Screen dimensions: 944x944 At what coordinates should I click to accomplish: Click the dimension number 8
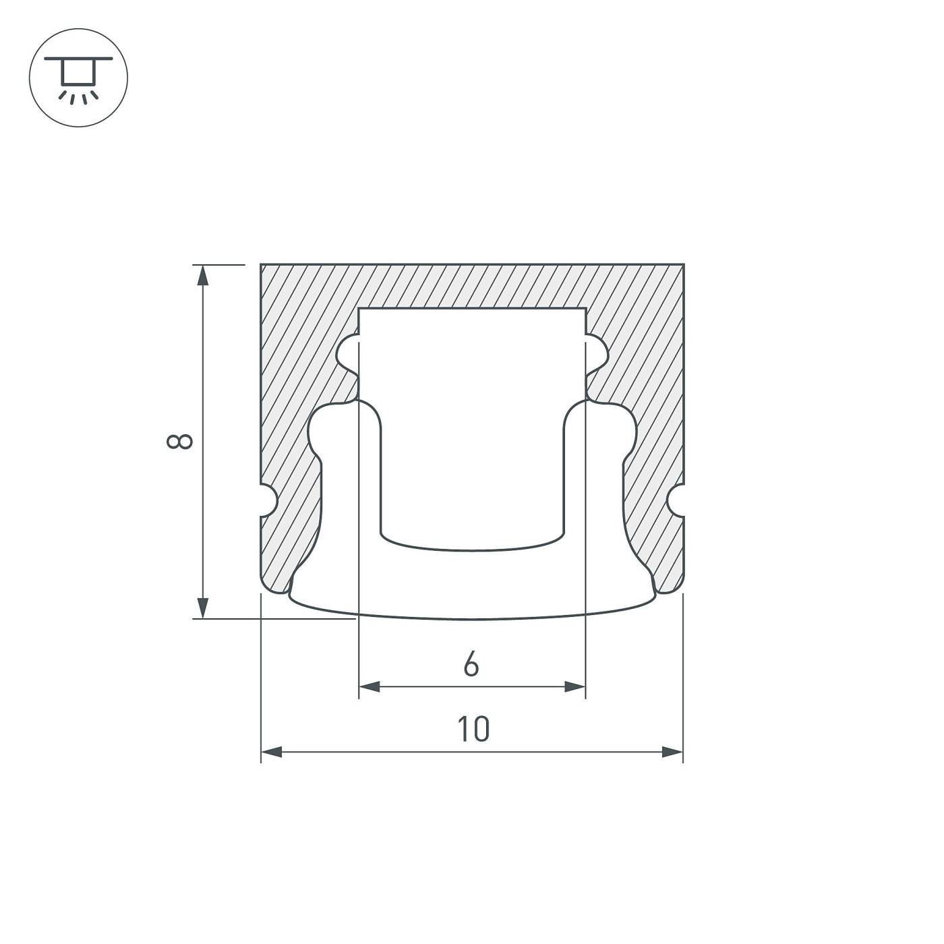click(180, 442)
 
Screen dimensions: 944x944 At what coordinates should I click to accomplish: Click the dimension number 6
click(471, 664)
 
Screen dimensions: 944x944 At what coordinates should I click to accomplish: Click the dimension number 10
click(473, 730)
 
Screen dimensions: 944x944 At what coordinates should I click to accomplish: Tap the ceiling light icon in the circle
click(79, 78)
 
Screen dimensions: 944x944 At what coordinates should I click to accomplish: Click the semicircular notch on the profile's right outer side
click(676, 501)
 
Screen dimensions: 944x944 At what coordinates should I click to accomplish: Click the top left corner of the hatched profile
click(262, 265)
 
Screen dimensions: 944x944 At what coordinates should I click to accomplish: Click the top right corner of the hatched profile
click(683, 265)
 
